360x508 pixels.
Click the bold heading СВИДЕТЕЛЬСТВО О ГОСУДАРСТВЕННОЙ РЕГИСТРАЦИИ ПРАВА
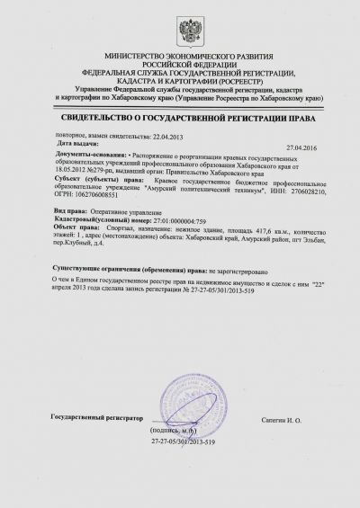[180, 117]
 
